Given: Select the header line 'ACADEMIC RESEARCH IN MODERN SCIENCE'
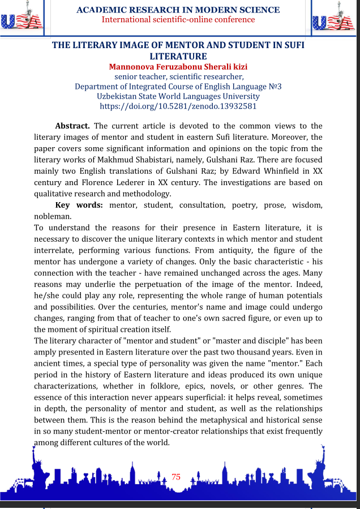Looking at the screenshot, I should (x=178, y=10).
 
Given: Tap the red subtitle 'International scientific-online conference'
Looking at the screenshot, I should (x=178, y=20).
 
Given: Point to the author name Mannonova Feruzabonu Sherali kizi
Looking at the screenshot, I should (x=178, y=67).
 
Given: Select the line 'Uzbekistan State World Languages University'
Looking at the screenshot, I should (x=178, y=96).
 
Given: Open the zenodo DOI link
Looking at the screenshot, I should (x=178, y=106).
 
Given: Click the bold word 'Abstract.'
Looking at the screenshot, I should (x=72, y=126).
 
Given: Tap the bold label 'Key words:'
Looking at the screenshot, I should (x=79, y=205).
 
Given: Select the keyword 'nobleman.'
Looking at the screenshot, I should (x=53, y=216).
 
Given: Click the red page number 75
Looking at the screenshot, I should (x=176, y=477).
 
